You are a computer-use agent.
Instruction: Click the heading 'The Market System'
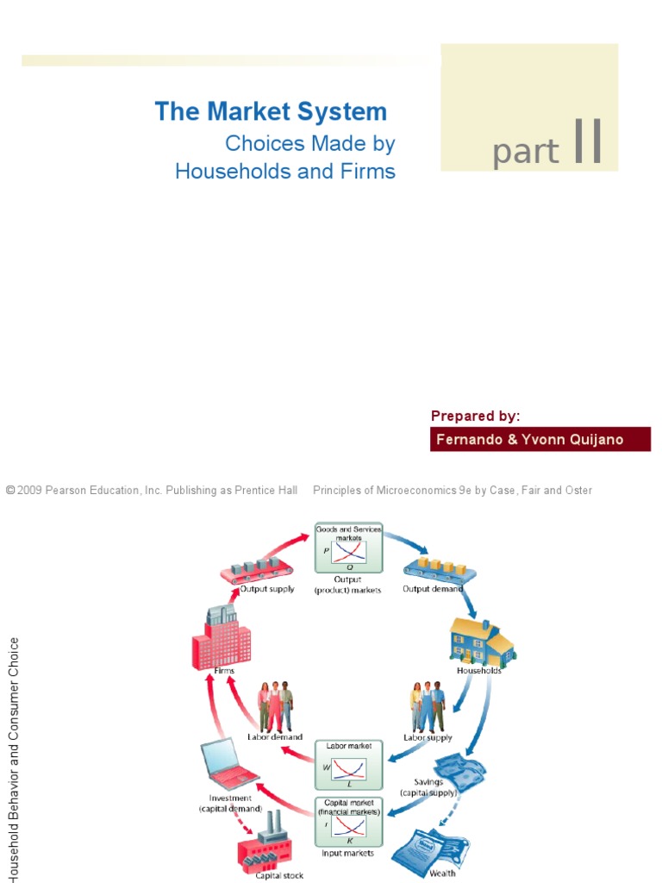point(271,112)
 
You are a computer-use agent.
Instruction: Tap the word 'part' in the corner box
point(525,153)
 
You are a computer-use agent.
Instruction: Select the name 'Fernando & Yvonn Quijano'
point(529,440)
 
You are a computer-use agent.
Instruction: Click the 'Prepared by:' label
point(475,416)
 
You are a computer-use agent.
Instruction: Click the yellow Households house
point(481,641)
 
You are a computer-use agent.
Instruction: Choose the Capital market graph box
point(348,822)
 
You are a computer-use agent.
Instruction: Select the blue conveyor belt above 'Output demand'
point(436,570)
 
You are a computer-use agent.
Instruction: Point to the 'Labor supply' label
point(428,737)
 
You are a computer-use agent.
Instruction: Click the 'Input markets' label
point(348,854)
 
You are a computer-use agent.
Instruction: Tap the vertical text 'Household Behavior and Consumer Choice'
point(12,759)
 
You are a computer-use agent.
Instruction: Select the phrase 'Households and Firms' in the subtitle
point(285,171)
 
